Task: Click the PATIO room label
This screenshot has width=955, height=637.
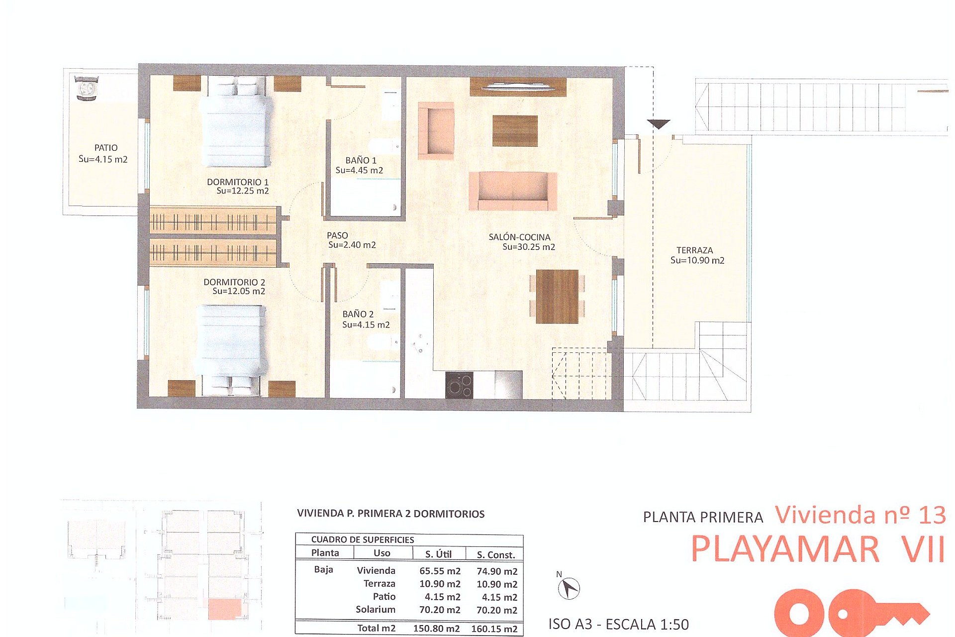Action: pyautogui.click(x=105, y=148)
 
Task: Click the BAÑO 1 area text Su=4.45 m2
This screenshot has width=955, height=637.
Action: pyautogui.click(x=359, y=170)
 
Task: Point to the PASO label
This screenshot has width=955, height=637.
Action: pyautogui.click(x=337, y=235)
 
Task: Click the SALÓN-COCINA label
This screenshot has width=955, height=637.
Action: pyautogui.click(x=519, y=237)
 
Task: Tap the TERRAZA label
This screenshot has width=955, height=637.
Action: pyautogui.click(x=694, y=250)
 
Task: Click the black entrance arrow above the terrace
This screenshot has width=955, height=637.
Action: pyautogui.click(x=658, y=124)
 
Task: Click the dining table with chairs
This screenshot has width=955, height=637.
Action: pyautogui.click(x=557, y=297)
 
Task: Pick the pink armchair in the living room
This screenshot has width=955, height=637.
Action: pyautogui.click(x=436, y=130)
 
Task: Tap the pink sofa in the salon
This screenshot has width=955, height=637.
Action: pyautogui.click(x=513, y=192)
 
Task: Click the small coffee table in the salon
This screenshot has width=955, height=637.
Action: pyautogui.click(x=515, y=131)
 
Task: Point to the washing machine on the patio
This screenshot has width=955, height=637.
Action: pyautogui.click(x=87, y=89)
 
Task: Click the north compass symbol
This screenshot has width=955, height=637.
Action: pyautogui.click(x=569, y=589)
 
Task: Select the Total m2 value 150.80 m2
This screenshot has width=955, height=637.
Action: pyautogui.click(x=436, y=629)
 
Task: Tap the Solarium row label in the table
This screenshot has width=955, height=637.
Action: pyautogui.click(x=375, y=610)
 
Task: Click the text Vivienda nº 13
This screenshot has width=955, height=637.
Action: pyautogui.click(x=860, y=515)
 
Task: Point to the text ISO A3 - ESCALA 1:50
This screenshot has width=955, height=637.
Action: pyautogui.click(x=618, y=625)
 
